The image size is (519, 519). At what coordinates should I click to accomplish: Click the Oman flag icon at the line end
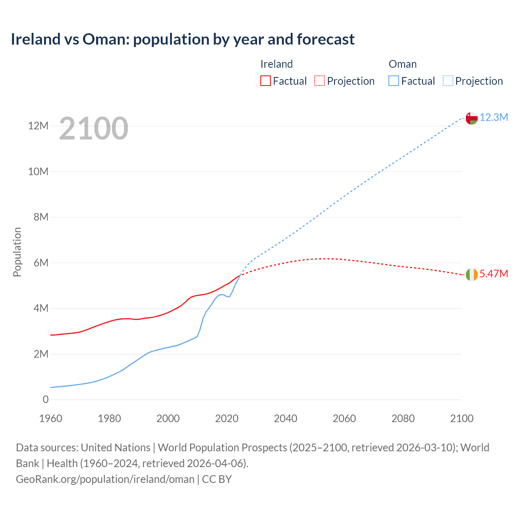tap(472, 118)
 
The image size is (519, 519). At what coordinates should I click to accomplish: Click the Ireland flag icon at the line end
tap(472, 275)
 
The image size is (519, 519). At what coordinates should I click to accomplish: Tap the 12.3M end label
tap(494, 118)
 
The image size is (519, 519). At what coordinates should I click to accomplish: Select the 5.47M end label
tap(493, 274)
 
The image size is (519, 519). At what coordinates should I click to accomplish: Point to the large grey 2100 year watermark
tap(94, 129)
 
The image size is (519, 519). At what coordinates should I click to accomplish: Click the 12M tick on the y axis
tap(38, 126)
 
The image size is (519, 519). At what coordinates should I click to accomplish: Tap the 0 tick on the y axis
tap(45, 400)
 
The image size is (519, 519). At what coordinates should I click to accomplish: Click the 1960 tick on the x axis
tap(51, 418)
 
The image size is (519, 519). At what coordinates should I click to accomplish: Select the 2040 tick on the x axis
tap(285, 418)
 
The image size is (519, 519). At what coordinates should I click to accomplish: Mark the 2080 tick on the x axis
tap(403, 418)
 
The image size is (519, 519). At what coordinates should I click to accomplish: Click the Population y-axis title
tap(17, 252)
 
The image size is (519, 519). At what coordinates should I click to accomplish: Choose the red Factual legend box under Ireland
tap(265, 81)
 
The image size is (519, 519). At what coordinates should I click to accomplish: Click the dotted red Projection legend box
tap(320, 81)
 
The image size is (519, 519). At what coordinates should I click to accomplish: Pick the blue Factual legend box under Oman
tap(394, 81)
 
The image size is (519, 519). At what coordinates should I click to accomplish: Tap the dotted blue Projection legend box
tap(448, 81)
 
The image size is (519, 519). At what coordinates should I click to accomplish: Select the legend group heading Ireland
tap(277, 64)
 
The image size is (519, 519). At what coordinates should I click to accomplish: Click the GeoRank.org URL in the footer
tap(105, 479)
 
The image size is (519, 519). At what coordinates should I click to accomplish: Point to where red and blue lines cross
tap(240, 275)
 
